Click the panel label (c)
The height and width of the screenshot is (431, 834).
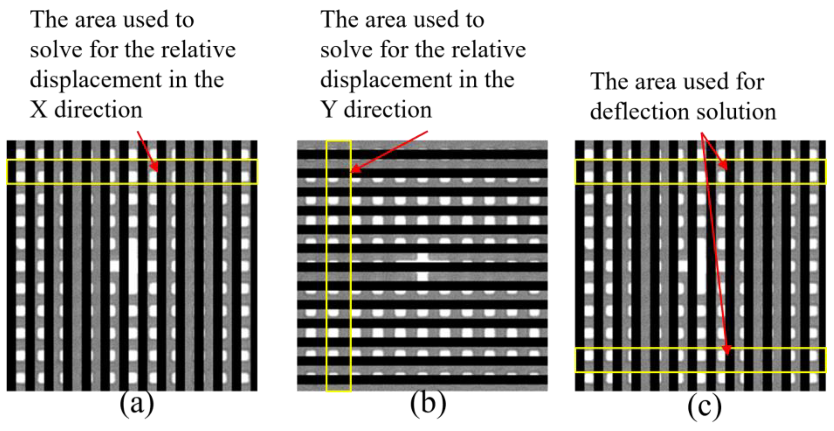pyautogui.click(x=705, y=406)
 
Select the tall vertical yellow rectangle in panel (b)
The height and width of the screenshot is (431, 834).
pyautogui.click(x=339, y=266)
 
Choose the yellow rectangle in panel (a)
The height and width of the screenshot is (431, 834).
pyautogui.click(x=132, y=172)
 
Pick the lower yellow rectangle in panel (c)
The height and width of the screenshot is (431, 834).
pyautogui.click(x=700, y=360)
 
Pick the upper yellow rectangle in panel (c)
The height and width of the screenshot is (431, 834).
pyautogui.click(x=700, y=172)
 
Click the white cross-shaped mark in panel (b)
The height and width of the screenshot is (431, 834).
pyautogui.click(x=423, y=267)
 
